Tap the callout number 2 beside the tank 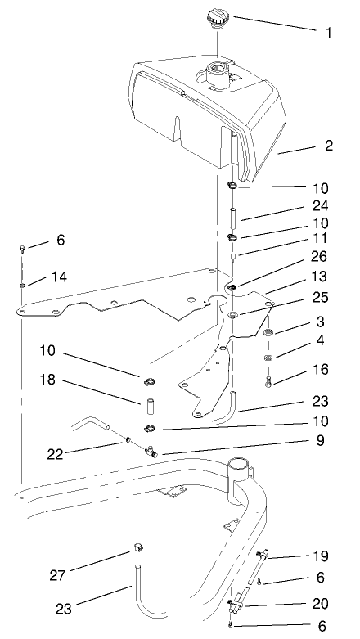330,147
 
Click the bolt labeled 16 268,378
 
